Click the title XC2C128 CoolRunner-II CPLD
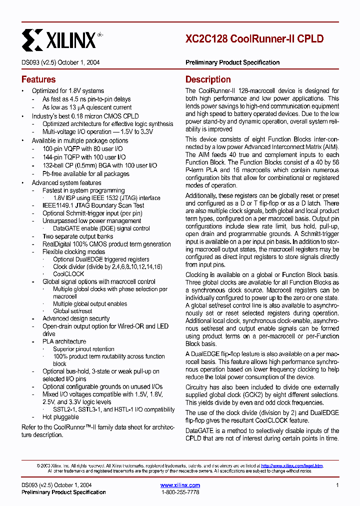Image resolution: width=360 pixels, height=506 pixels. coord(254,38)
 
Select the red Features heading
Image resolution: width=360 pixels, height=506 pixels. coord(38,79)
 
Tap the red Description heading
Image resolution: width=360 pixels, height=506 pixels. coord(208,79)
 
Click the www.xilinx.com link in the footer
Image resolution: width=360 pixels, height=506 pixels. coord(180,485)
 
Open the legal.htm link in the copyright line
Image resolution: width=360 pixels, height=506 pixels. coord(292,465)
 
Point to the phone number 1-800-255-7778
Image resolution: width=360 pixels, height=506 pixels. coord(180,492)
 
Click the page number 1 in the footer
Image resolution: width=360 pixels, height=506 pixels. coord(337,485)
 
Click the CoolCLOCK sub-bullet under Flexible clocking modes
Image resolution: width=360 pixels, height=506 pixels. coord(68,274)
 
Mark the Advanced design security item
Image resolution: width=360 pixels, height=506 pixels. coord(76,318)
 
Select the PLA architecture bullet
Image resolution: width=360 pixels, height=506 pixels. coord(64,341)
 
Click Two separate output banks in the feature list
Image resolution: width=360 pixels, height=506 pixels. coord(77,236)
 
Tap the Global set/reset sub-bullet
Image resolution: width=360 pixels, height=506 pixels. coord(72,311)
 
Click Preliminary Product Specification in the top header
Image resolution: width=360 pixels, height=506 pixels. coord(232,62)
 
